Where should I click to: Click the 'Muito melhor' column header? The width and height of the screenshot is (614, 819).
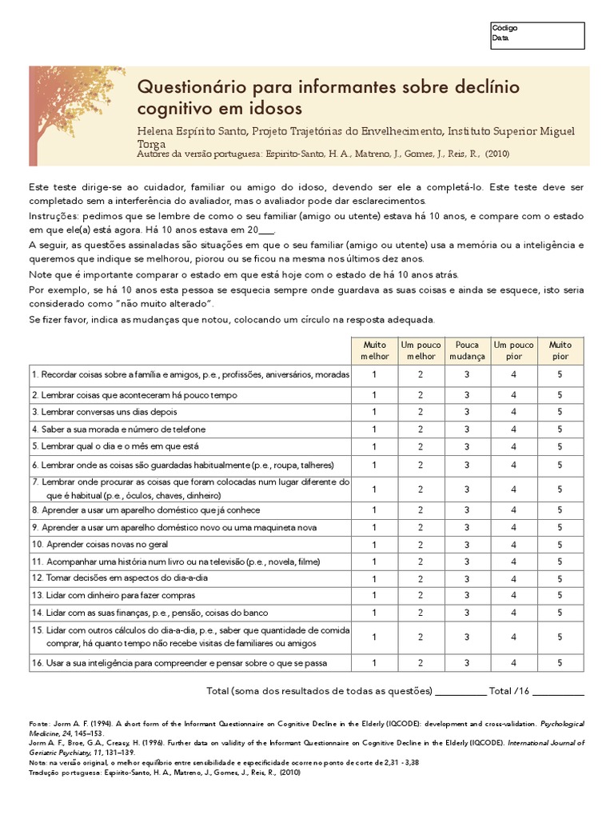point(374,350)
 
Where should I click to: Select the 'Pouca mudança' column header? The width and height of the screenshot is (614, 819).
point(467,350)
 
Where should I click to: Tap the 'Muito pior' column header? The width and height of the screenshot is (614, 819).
point(560,350)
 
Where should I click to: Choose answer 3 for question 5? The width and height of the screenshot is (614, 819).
point(467,445)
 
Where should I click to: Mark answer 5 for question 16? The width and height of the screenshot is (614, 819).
point(560,662)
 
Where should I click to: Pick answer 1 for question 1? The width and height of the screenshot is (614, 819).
point(374,374)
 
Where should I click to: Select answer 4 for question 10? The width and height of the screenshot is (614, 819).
point(514,544)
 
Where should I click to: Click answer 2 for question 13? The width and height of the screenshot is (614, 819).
point(421,595)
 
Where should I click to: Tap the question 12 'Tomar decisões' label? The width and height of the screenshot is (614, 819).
point(120,578)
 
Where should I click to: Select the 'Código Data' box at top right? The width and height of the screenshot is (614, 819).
point(537,34)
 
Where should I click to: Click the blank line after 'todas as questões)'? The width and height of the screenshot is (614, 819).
point(460,692)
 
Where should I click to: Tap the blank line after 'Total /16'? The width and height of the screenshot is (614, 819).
point(558,692)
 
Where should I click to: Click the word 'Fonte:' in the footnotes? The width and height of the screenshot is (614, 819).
point(40,722)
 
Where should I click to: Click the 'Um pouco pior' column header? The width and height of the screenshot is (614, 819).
point(514,350)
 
